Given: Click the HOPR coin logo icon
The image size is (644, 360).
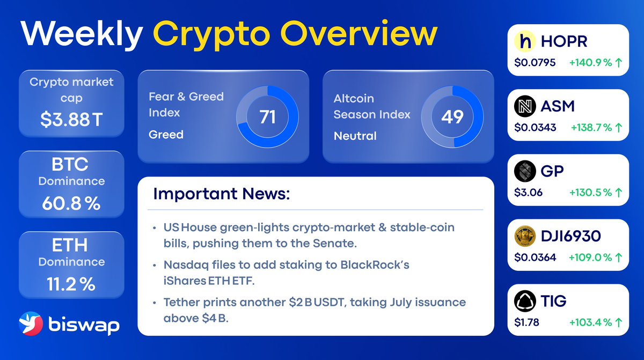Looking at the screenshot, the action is [525, 41].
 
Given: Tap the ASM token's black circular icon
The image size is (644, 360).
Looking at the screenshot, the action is [525, 106].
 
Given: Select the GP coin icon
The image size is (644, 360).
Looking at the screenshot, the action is [525, 171].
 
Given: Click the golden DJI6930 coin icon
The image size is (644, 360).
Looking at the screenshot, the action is [525, 236].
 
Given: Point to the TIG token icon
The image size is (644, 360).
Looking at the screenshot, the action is [525, 301].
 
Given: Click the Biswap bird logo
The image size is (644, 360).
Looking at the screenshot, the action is [31, 324].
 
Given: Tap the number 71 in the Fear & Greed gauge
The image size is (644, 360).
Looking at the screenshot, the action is [267, 117].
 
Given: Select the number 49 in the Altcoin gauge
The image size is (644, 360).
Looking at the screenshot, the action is [452, 117].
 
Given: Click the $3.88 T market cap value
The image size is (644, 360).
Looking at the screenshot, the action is [71, 120].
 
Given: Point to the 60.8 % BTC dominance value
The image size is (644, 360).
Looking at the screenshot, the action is [71, 203].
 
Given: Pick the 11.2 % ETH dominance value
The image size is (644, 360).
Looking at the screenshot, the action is [71, 284].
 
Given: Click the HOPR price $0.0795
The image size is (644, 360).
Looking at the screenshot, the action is [535, 63].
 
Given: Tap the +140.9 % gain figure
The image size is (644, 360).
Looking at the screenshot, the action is [590, 63].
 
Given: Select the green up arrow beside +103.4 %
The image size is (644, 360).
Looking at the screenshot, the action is [618, 322].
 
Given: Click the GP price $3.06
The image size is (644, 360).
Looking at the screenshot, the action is [528, 193].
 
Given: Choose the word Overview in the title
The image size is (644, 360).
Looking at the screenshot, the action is [359, 34].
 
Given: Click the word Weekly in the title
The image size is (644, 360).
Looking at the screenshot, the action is [82, 35].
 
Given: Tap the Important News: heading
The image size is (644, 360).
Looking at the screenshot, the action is [221, 194].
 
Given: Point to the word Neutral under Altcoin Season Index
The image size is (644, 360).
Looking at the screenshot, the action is [355, 136].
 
